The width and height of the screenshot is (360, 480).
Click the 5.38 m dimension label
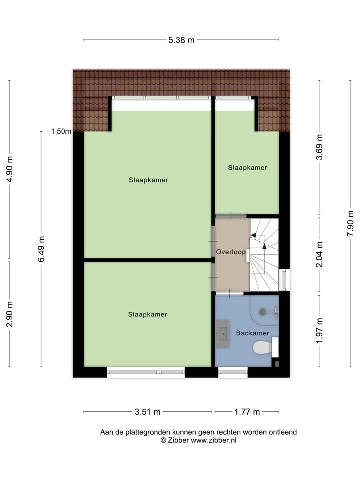181,40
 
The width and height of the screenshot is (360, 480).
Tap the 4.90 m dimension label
10,169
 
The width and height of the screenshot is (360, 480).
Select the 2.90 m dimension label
10,314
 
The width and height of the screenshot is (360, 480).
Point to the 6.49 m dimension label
41,249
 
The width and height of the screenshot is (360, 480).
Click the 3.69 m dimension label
319,147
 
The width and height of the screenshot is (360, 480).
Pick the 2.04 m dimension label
319,254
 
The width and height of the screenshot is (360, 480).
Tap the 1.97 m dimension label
319,331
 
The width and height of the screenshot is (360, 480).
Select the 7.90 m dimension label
351,223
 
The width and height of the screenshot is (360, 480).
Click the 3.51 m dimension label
148,412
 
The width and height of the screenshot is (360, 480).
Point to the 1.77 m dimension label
247,412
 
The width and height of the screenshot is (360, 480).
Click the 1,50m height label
61,131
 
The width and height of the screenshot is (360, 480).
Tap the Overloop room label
231,252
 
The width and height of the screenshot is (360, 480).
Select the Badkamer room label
253,333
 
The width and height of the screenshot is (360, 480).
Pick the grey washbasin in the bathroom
222,333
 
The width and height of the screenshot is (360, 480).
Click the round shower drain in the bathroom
262,312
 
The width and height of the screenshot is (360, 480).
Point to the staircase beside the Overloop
264,254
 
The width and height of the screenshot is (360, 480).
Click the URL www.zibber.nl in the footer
214,440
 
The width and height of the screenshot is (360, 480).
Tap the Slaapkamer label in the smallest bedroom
248,168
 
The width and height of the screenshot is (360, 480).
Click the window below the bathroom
233,372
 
